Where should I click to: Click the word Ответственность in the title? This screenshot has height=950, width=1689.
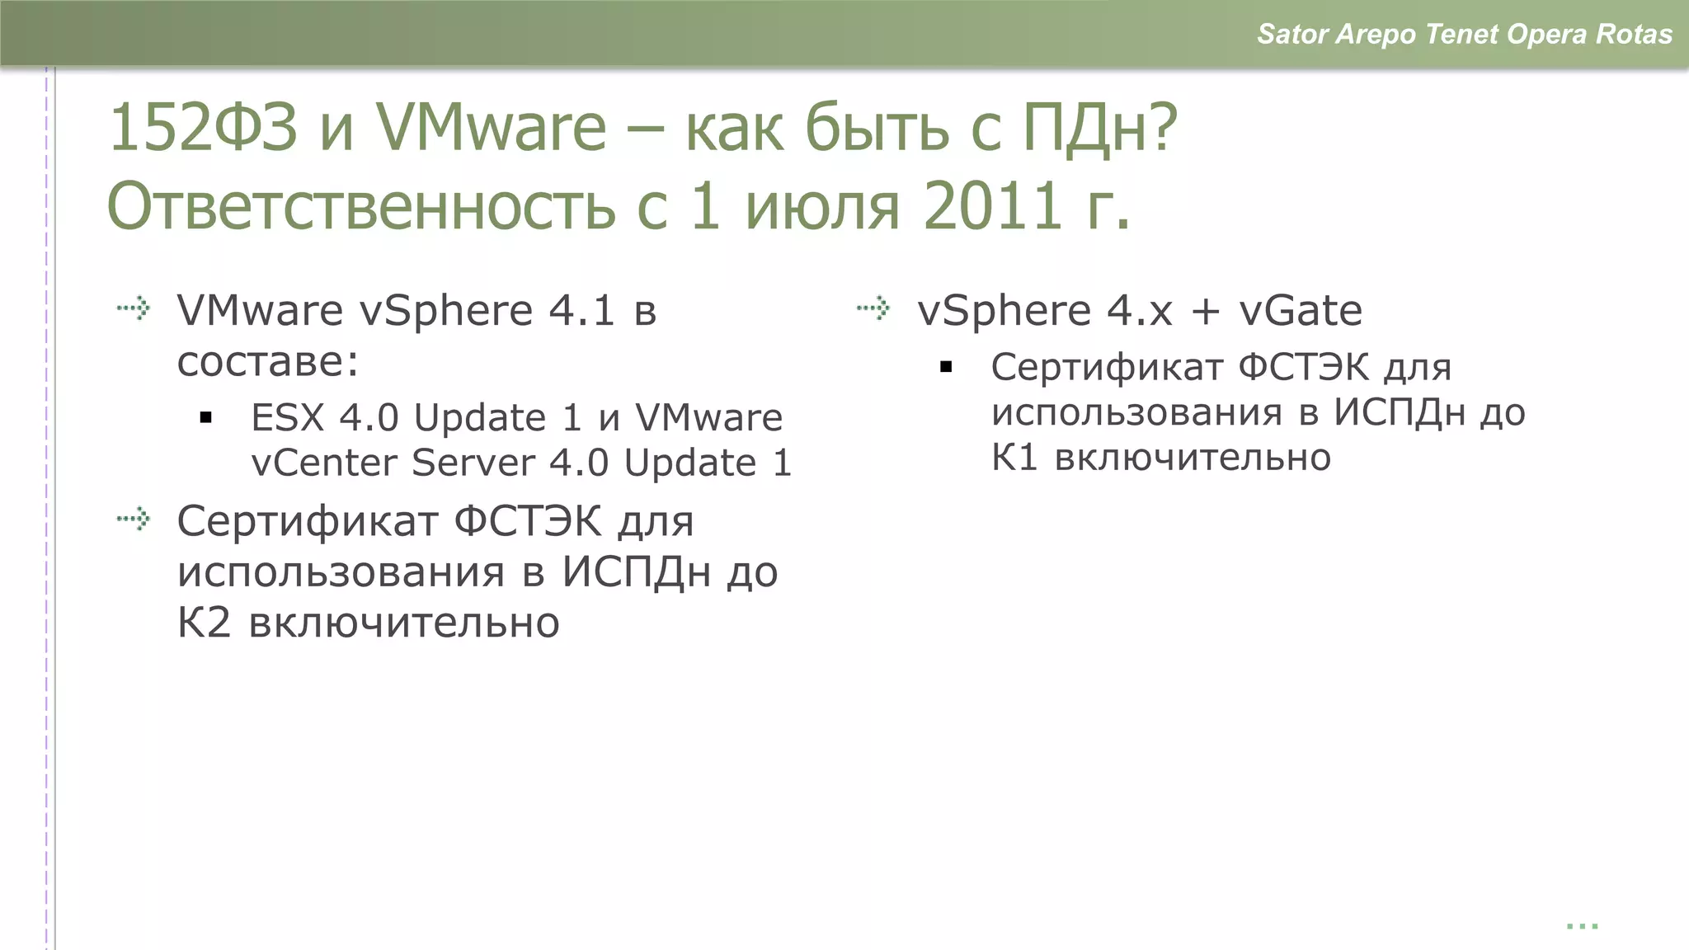360,205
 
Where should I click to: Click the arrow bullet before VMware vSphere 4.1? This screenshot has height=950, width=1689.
134,308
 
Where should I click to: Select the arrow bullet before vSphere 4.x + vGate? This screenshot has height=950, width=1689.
873,308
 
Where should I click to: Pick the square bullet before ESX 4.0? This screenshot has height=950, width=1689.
206,418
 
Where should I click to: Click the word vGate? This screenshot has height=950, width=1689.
1301,311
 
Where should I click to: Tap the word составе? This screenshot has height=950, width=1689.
268,362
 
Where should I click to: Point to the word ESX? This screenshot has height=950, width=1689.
287,418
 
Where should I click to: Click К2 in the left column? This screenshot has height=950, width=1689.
203,623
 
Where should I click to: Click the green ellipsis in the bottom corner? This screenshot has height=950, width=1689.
1582,926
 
